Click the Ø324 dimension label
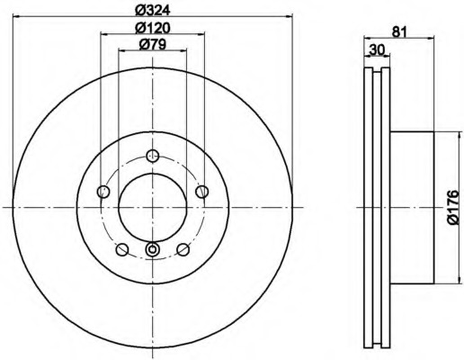[153, 10]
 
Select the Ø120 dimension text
[153, 28]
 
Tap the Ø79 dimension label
[153, 45]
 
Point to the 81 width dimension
[399, 31]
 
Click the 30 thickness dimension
[377, 49]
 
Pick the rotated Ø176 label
[452, 207]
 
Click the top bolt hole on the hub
[153, 156]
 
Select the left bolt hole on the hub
[103, 191]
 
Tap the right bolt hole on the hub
[201, 191]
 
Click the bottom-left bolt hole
[122, 249]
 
